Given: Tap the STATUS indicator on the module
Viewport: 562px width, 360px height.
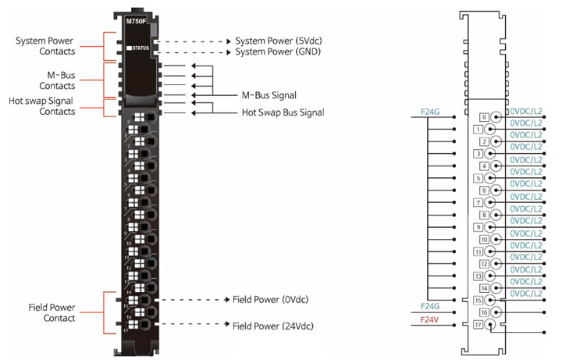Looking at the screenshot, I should point(140,48).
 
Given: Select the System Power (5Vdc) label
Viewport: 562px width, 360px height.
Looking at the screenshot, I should point(276,41).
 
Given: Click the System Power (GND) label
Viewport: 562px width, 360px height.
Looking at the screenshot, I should point(275,52).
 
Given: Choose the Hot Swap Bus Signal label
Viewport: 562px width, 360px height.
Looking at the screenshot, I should point(283,112).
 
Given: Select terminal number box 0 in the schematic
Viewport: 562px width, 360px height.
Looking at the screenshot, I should point(484,117).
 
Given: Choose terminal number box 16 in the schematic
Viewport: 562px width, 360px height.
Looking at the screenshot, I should point(484,312).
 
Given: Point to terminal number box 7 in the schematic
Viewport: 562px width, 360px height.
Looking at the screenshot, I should point(478,203).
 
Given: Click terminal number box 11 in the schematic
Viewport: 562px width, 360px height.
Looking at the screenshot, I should point(478,251).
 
